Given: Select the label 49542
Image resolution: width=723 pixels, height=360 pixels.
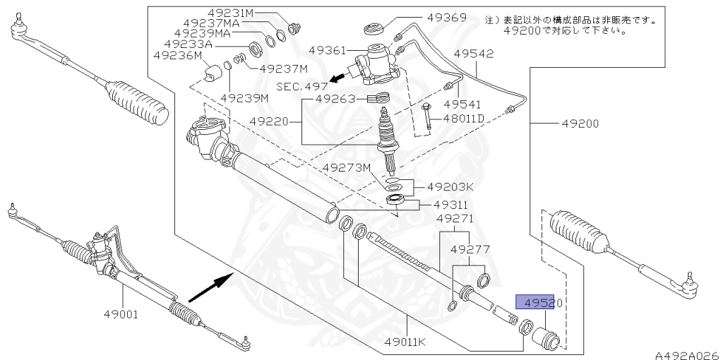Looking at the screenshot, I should click(474, 54).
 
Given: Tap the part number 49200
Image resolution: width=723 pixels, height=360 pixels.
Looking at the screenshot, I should click(580, 124).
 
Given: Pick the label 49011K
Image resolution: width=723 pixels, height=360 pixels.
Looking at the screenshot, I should click(407, 342).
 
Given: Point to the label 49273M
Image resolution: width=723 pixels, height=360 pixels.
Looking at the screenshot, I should click(347, 167).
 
